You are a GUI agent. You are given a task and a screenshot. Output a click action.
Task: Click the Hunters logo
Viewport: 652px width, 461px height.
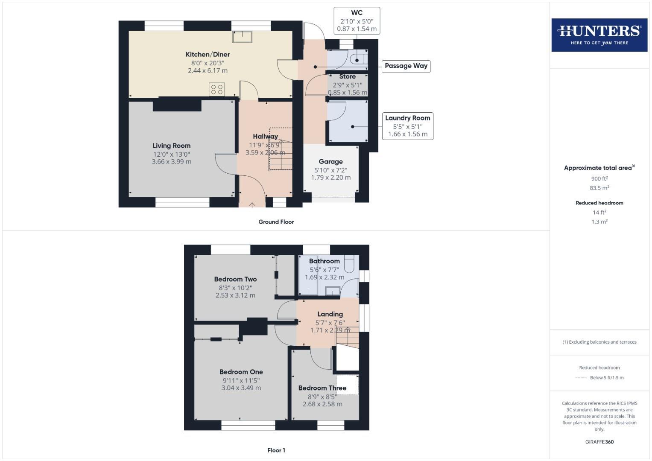click(x=599, y=35)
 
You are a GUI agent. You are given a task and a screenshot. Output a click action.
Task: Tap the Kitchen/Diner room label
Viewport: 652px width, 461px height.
click(x=208, y=55)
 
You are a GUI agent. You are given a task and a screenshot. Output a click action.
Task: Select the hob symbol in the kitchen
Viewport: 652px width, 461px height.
click(x=217, y=90)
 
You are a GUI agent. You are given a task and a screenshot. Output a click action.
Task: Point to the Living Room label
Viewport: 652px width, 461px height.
click(x=172, y=146)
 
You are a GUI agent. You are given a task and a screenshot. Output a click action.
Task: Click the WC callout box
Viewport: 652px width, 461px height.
click(x=357, y=21)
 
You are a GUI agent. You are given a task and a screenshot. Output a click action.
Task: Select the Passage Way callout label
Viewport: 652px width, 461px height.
click(x=406, y=66)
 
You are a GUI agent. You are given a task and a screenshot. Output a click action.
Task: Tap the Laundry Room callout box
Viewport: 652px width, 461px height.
click(x=407, y=126)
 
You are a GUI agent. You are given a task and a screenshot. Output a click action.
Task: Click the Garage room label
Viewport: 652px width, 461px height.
click(x=330, y=162)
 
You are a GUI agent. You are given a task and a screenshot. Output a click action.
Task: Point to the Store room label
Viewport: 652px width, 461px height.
click(x=347, y=77)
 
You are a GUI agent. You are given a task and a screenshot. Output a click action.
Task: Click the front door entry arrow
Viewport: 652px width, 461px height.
click(x=252, y=205)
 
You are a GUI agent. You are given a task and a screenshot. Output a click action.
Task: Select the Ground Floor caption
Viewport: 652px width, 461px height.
click(x=276, y=222)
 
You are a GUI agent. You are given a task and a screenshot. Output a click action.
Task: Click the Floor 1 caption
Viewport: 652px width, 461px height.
click(x=276, y=450)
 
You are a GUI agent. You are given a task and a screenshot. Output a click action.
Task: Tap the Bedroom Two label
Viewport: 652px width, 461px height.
click(x=235, y=279)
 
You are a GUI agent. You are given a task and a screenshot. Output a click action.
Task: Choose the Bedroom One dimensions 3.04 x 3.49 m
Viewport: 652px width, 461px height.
click(x=241, y=388)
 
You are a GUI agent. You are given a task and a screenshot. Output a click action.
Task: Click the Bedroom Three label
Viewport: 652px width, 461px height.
click(x=322, y=388)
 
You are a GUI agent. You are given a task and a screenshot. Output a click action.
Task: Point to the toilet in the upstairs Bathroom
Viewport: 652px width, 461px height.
click(x=349, y=264)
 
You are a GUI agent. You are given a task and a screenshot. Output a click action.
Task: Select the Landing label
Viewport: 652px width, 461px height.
click(x=330, y=314)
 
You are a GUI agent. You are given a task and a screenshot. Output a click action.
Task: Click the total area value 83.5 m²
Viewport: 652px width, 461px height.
click(x=599, y=188)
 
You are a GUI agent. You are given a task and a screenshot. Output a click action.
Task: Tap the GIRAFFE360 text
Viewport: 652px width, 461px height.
click(x=599, y=442)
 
